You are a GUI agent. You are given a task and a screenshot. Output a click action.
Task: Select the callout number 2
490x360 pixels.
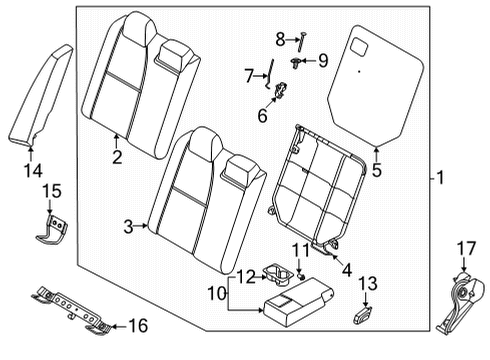117,156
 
